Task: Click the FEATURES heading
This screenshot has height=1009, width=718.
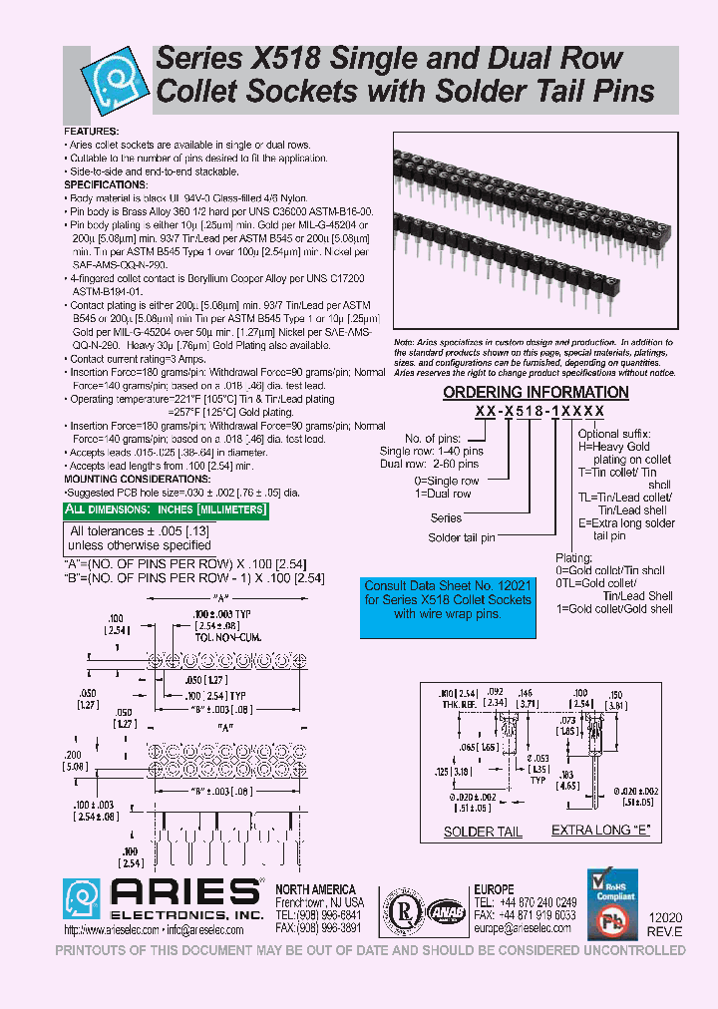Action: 92,132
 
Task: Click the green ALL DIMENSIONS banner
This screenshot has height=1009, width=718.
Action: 167,510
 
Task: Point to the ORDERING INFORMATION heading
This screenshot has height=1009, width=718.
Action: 536,393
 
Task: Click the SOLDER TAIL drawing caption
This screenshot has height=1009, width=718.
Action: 483,831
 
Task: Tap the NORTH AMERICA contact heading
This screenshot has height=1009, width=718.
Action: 314,889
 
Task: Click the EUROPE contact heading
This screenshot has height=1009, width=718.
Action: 495,889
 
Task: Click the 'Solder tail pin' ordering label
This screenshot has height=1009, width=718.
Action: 461,537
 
